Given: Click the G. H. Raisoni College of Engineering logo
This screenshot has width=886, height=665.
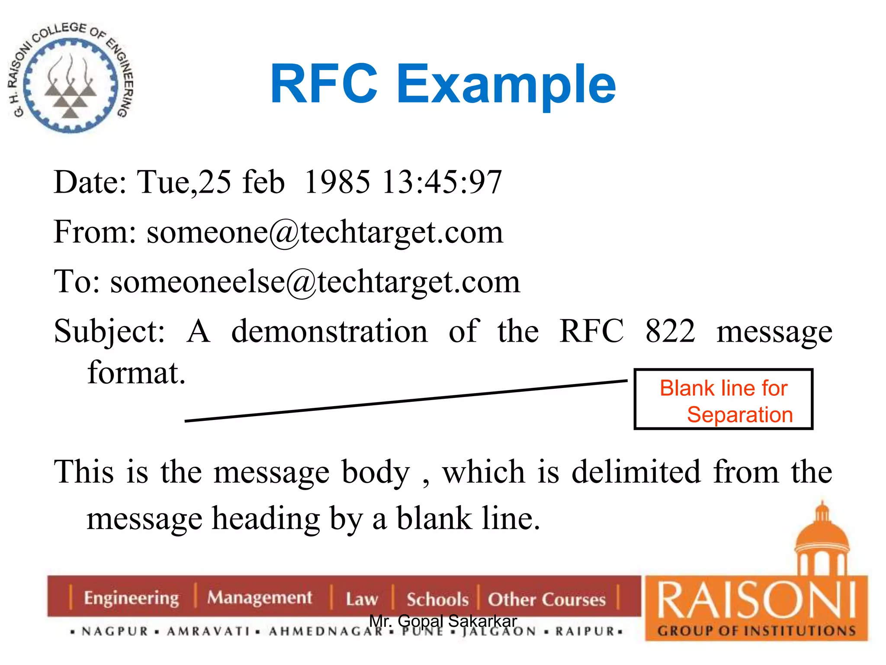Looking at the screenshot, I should pyautogui.click(x=71, y=78).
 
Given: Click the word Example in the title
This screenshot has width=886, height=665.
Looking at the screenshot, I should pyautogui.click(x=506, y=84).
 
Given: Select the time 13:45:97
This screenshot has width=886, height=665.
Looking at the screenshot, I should pyautogui.click(x=442, y=182).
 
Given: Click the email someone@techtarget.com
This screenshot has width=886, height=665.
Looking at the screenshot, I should pyautogui.click(x=325, y=232).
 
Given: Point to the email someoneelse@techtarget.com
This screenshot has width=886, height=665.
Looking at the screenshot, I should pyautogui.click(x=315, y=282).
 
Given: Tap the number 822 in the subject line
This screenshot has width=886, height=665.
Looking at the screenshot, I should pyautogui.click(x=670, y=331).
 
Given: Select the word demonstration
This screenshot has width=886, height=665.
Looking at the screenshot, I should pyautogui.click(x=330, y=331).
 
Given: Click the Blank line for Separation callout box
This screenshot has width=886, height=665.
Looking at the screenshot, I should pyautogui.click(x=723, y=399).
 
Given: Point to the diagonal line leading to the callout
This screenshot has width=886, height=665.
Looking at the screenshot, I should pyautogui.click(x=406, y=401).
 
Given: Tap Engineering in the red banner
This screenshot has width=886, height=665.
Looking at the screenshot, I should pyautogui.click(x=131, y=598).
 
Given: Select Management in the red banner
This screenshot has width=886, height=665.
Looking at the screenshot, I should pyautogui.click(x=260, y=598).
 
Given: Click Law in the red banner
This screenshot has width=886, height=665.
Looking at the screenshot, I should pyautogui.click(x=362, y=599).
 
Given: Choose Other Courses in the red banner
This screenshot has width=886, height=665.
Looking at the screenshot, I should pyautogui.click(x=547, y=599).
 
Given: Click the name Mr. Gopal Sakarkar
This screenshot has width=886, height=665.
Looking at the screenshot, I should pyautogui.click(x=443, y=621).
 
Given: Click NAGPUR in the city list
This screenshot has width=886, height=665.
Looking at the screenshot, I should pyautogui.click(x=115, y=631).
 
